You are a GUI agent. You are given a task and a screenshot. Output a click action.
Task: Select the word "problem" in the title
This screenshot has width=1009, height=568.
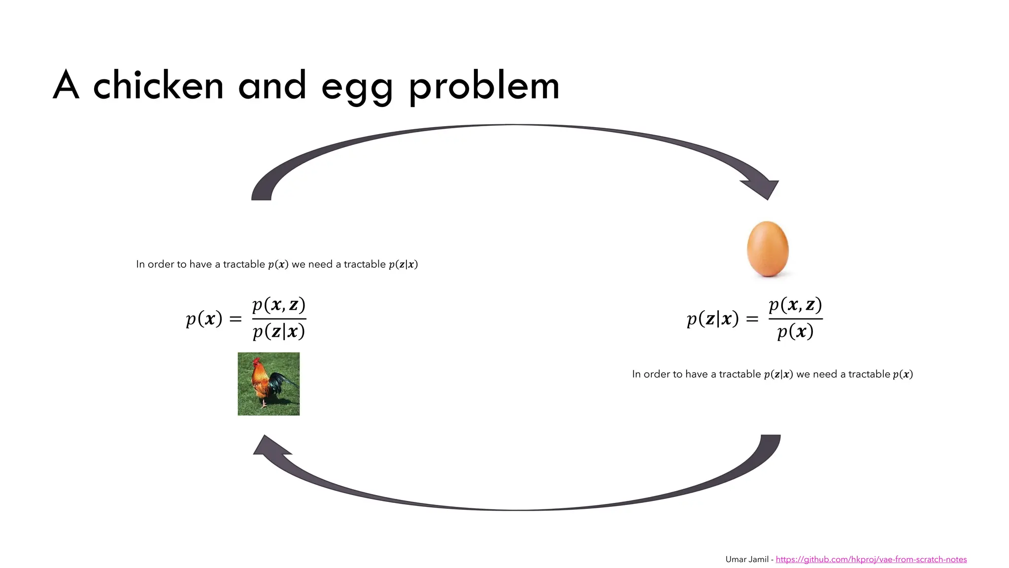point(484,86)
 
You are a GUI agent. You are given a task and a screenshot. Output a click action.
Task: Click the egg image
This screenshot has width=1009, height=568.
point(768,249)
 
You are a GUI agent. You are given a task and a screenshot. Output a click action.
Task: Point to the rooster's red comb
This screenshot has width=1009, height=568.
point(256,361)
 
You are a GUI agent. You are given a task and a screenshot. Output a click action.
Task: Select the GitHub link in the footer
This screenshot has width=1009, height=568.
point(871,559)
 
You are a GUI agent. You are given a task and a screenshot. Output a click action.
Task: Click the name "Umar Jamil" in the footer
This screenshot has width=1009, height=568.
point(747,559)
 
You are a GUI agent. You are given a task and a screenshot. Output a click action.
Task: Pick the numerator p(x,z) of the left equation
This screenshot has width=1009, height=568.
point(279,305)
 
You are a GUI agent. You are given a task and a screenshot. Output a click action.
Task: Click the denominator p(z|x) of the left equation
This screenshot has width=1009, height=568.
point(279,331)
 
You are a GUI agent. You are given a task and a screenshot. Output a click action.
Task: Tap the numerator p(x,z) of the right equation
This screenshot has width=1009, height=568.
point(795,305)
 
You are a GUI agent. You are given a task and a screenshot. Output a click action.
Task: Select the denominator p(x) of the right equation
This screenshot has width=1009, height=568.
point(795,331)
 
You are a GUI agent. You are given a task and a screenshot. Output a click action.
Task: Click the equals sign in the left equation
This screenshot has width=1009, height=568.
point(235,319)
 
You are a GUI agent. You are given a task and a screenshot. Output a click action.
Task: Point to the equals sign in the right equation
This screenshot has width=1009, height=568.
point(752,319)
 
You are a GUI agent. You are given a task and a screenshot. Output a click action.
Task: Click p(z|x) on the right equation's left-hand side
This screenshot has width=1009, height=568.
point(712,319)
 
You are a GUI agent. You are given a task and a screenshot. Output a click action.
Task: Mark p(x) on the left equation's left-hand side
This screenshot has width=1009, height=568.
point(204,319)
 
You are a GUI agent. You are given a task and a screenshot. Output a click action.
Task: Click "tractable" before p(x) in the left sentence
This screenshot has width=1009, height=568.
point(244,264)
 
